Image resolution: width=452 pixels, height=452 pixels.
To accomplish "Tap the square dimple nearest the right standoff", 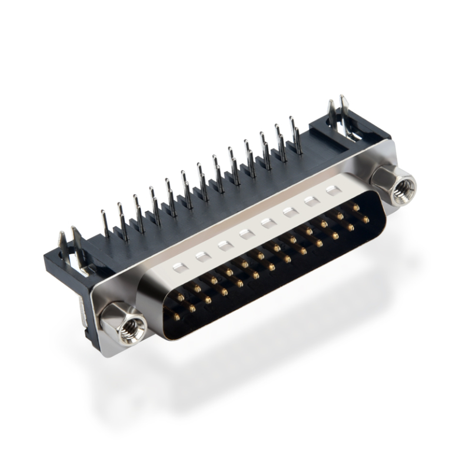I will click(333, 190).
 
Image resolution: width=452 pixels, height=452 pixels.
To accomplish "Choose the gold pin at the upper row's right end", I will click(356, 207).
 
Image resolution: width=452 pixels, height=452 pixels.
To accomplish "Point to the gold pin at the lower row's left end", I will click(176, 317).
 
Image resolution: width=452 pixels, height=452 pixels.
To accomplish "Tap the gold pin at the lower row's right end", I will click(366, 220).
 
